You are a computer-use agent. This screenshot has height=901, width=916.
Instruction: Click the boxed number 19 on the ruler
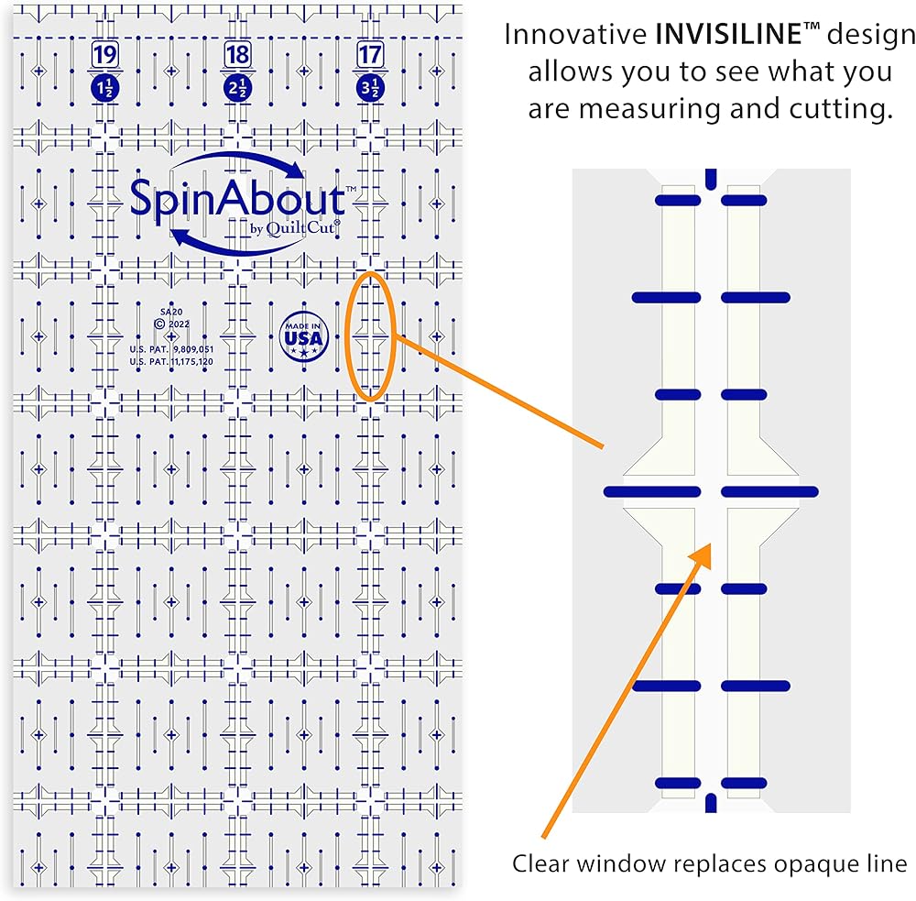[105, 55]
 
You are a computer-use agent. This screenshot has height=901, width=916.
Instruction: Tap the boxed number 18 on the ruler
[238, 55]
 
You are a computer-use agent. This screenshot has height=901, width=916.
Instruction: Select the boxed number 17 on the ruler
[370, 55]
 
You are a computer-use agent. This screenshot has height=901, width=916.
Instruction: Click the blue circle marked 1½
[105, 88]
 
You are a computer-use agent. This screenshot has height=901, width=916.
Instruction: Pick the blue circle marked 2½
[238, 88]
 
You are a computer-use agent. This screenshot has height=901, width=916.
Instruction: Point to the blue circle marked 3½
[370, 88]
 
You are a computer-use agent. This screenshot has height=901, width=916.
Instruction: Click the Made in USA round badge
[304, 336]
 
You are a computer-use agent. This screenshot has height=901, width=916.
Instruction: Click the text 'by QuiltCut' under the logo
[295, 228]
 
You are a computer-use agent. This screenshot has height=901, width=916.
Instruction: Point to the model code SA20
[171, 313]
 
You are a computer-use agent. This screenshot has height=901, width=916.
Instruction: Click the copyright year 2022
[179, 324]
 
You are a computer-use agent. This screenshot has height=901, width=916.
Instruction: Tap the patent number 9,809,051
[193, 349]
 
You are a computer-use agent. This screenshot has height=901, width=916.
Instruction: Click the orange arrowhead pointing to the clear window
[702, 555]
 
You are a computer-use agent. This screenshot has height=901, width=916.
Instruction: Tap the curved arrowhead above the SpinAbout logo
[295, 170]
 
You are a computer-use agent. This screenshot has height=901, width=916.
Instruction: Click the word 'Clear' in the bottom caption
[540, 863]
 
